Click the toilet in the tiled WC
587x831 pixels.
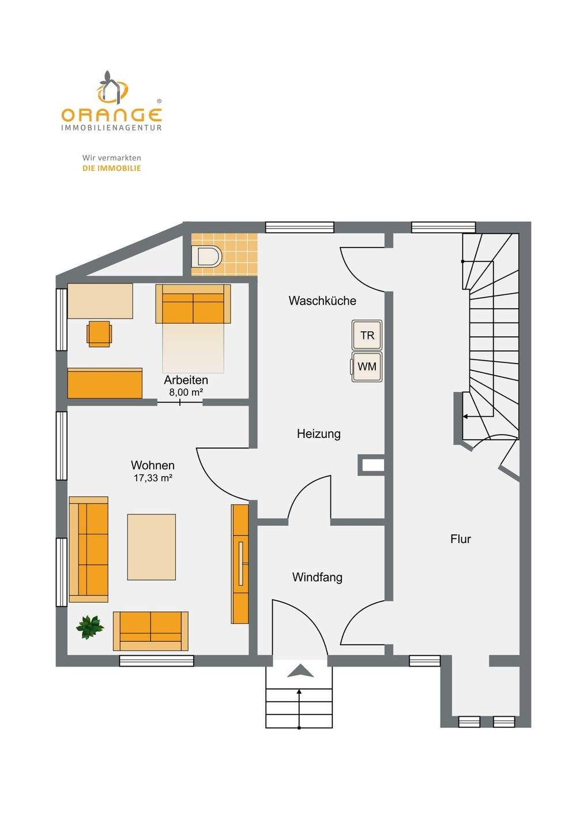207,256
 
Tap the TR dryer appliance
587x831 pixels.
367,335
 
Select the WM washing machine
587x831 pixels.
366,366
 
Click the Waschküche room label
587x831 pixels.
322,301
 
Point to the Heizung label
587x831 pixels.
319,434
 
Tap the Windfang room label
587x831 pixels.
317,577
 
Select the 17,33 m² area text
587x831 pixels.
153,478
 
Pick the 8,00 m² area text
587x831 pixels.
186,392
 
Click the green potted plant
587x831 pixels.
90,627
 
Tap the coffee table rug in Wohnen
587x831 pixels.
151,547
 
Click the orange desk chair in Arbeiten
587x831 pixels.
99,334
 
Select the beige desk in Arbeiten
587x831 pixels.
100,301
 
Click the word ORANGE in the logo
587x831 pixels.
111,115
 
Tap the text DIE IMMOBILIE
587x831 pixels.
111,168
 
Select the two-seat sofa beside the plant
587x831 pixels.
150,631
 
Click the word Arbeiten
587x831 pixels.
186,380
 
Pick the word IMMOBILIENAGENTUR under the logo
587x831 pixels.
111,128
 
